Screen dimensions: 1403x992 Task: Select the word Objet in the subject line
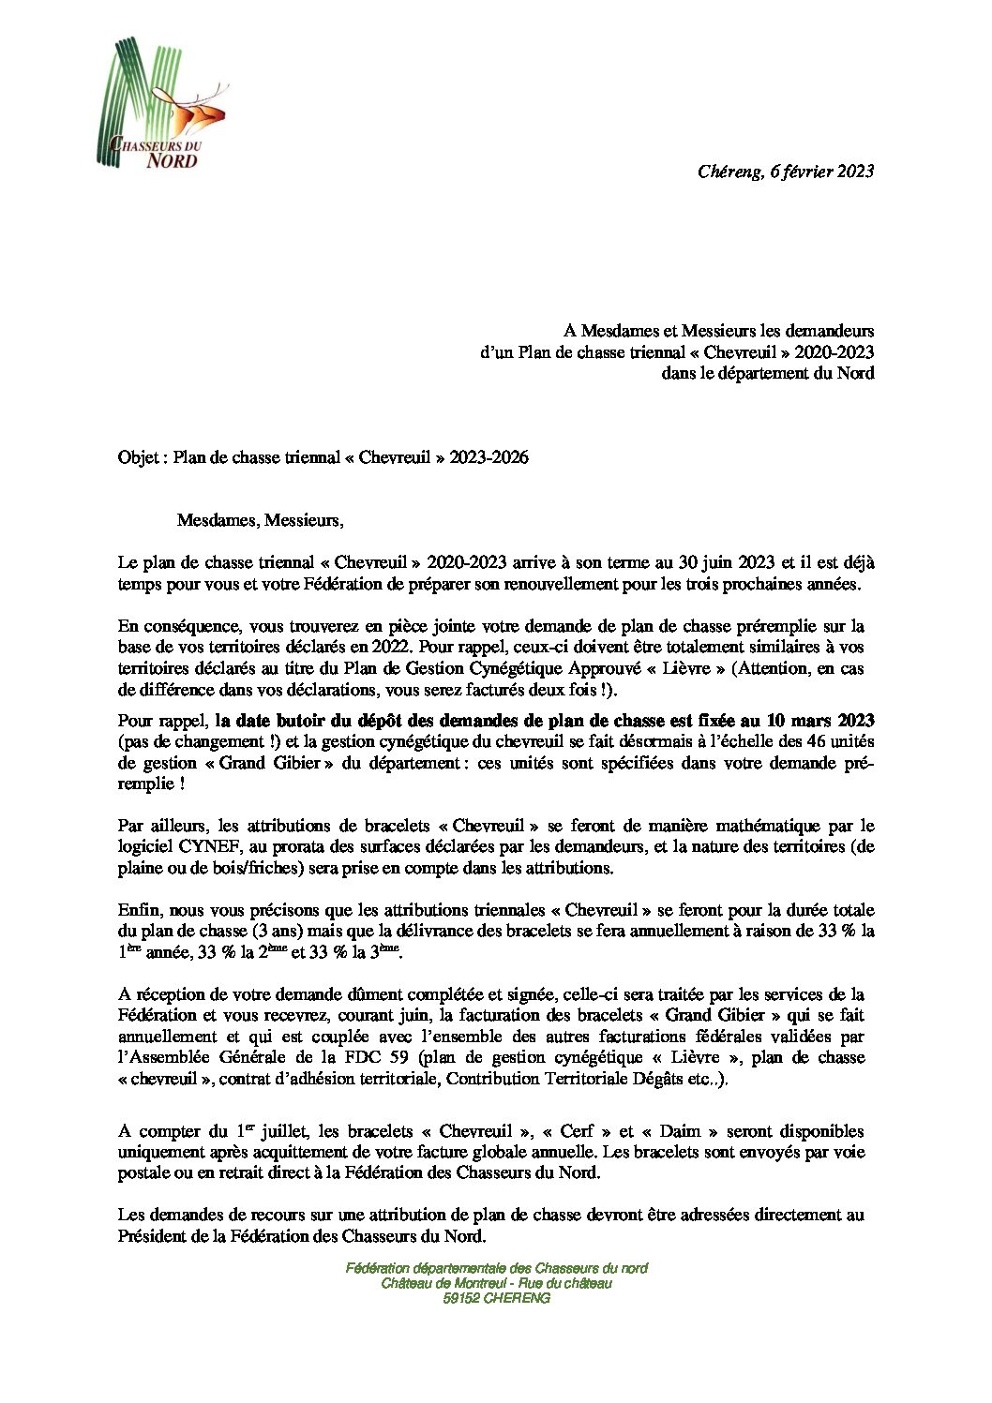[139, 458]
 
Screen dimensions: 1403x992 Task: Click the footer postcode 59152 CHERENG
[496, 1298]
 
